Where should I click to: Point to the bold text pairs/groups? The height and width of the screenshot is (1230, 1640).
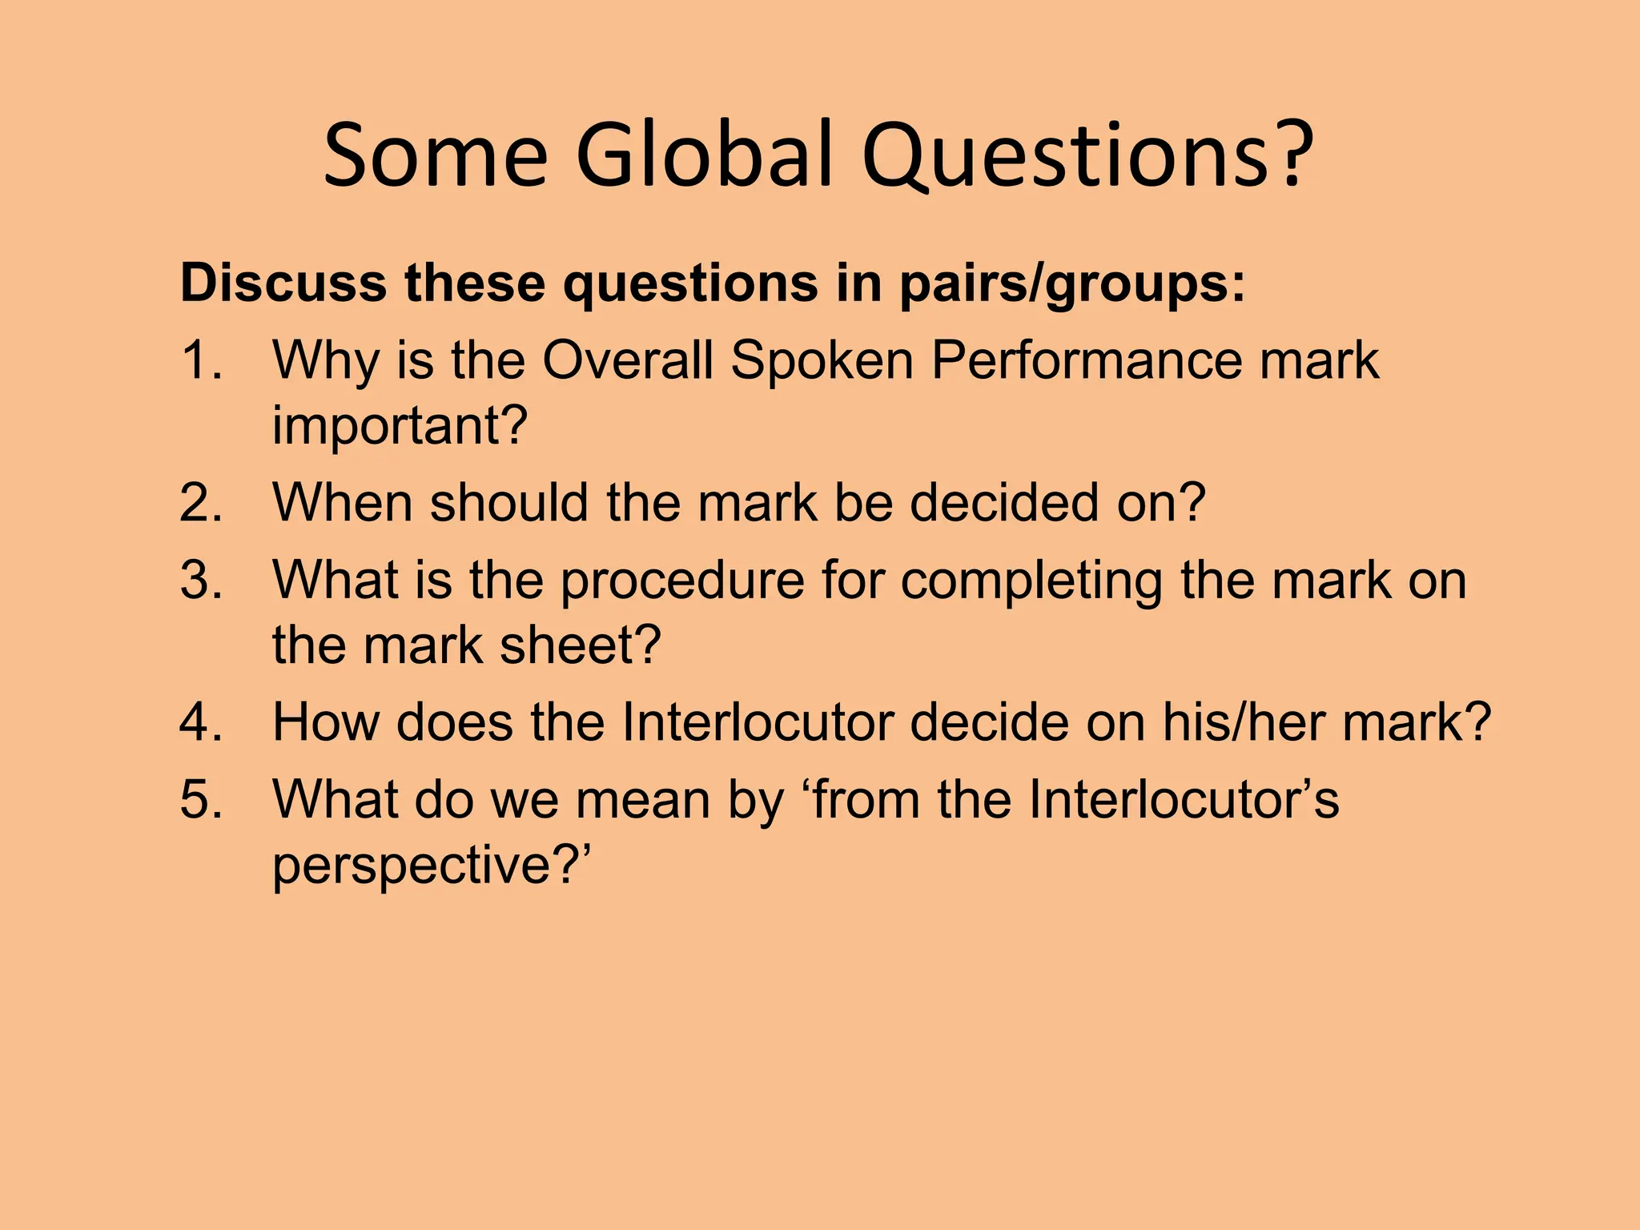[x=1073, y=284]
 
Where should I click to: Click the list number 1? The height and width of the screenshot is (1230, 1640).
[x=200, y=360]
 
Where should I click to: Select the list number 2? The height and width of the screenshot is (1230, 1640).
[x=200, y=502]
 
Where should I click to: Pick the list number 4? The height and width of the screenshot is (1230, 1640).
[x=200, y=722]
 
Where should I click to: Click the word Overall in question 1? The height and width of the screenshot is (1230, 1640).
[x=628, y=360]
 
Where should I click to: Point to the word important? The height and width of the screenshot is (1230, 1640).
[x=400, y=425]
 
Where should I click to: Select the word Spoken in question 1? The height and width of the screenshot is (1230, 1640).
[x=822, y=361]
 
